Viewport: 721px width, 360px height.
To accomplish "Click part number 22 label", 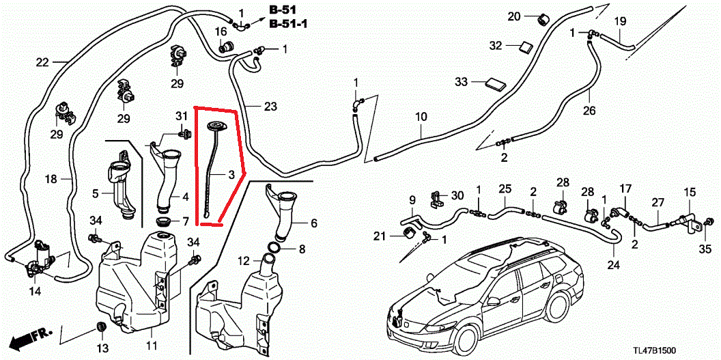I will pyautogui.click(x=42, y=63).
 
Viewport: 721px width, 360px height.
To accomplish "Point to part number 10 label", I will pyautogui.click(x=420, y=117).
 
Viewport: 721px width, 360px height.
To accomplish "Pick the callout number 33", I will pyautogui.click(x=462, y=82).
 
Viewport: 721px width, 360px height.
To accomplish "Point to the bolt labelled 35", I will pyautogui.click(x=707, y=221).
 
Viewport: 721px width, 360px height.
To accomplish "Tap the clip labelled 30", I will pyautogui.click(x=434, y=199).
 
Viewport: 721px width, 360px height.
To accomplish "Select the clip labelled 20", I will pyautogui.click(x=544, y=18).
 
